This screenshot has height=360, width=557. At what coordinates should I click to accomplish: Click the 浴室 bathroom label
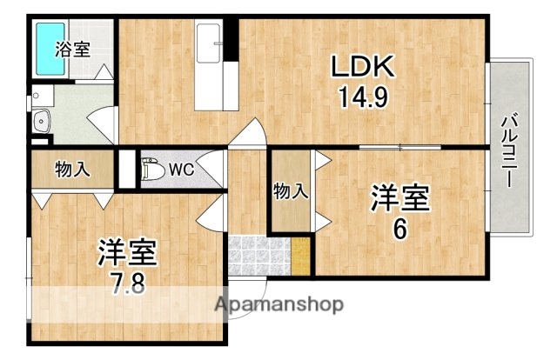point(72,49)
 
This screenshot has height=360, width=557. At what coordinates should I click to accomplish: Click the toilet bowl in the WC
point(151,169)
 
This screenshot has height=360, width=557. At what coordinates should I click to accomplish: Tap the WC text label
point(182,168)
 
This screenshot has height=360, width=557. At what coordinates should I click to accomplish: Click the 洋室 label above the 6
point(400,198)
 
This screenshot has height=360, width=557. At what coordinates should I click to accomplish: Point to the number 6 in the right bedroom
point(399,230)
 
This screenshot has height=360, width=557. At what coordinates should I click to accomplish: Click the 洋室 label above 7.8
point(126,252)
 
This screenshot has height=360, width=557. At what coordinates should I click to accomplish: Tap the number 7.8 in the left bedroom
point(126,283)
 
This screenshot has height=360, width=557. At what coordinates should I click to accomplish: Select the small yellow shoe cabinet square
point(300,257)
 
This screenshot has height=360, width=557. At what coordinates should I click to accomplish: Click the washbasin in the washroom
point(40,122)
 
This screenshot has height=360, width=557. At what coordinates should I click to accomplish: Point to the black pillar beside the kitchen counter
point(231,39)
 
